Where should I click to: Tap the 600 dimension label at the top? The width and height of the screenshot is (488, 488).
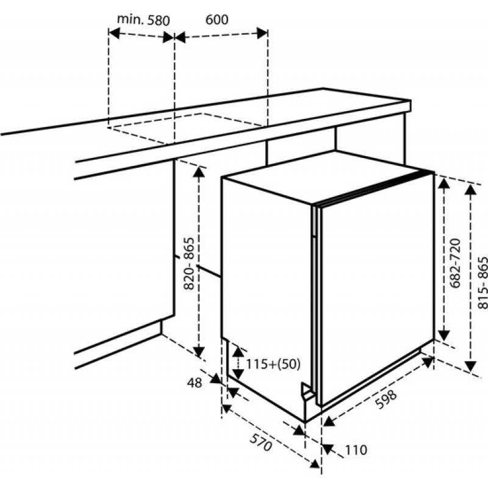pyautogui.click(x=217, y=20)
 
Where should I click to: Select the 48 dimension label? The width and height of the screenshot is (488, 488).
pyautogui.click(x=195, y=383)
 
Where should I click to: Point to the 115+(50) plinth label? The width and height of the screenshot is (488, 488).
pyautogui.click(x=273, y=364)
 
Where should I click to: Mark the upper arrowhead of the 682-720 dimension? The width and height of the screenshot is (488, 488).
pyautogui.click(x=445, y=184)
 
